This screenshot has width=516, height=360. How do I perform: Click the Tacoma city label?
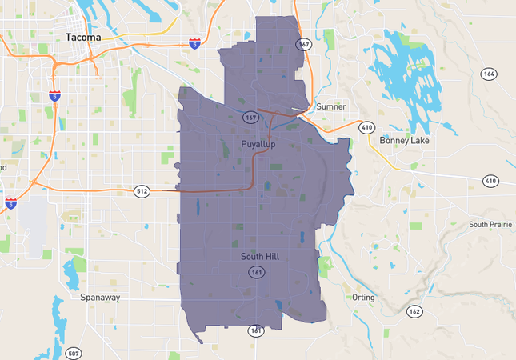coord(84,37)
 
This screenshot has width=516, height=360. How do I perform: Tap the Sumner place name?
coord(330,106)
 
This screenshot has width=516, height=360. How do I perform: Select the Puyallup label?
coord(258,144)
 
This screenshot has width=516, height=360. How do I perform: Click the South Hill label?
coord(259,257)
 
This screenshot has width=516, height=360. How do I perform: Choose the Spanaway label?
coord(100,298)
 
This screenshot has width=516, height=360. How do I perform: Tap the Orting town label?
coord(363,297)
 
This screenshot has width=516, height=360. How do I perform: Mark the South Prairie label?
coord(490,225)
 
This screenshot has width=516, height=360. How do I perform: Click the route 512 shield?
coord(142,190)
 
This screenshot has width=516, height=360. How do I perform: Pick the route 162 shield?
coord(414,311)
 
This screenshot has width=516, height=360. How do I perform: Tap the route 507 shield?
coord(74,353)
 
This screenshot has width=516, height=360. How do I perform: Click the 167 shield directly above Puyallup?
coord(250,118)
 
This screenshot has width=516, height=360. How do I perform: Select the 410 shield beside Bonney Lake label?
coord(366,127)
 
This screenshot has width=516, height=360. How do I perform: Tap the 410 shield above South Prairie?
coord(490,182)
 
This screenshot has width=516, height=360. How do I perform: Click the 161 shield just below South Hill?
coord(256,273)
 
